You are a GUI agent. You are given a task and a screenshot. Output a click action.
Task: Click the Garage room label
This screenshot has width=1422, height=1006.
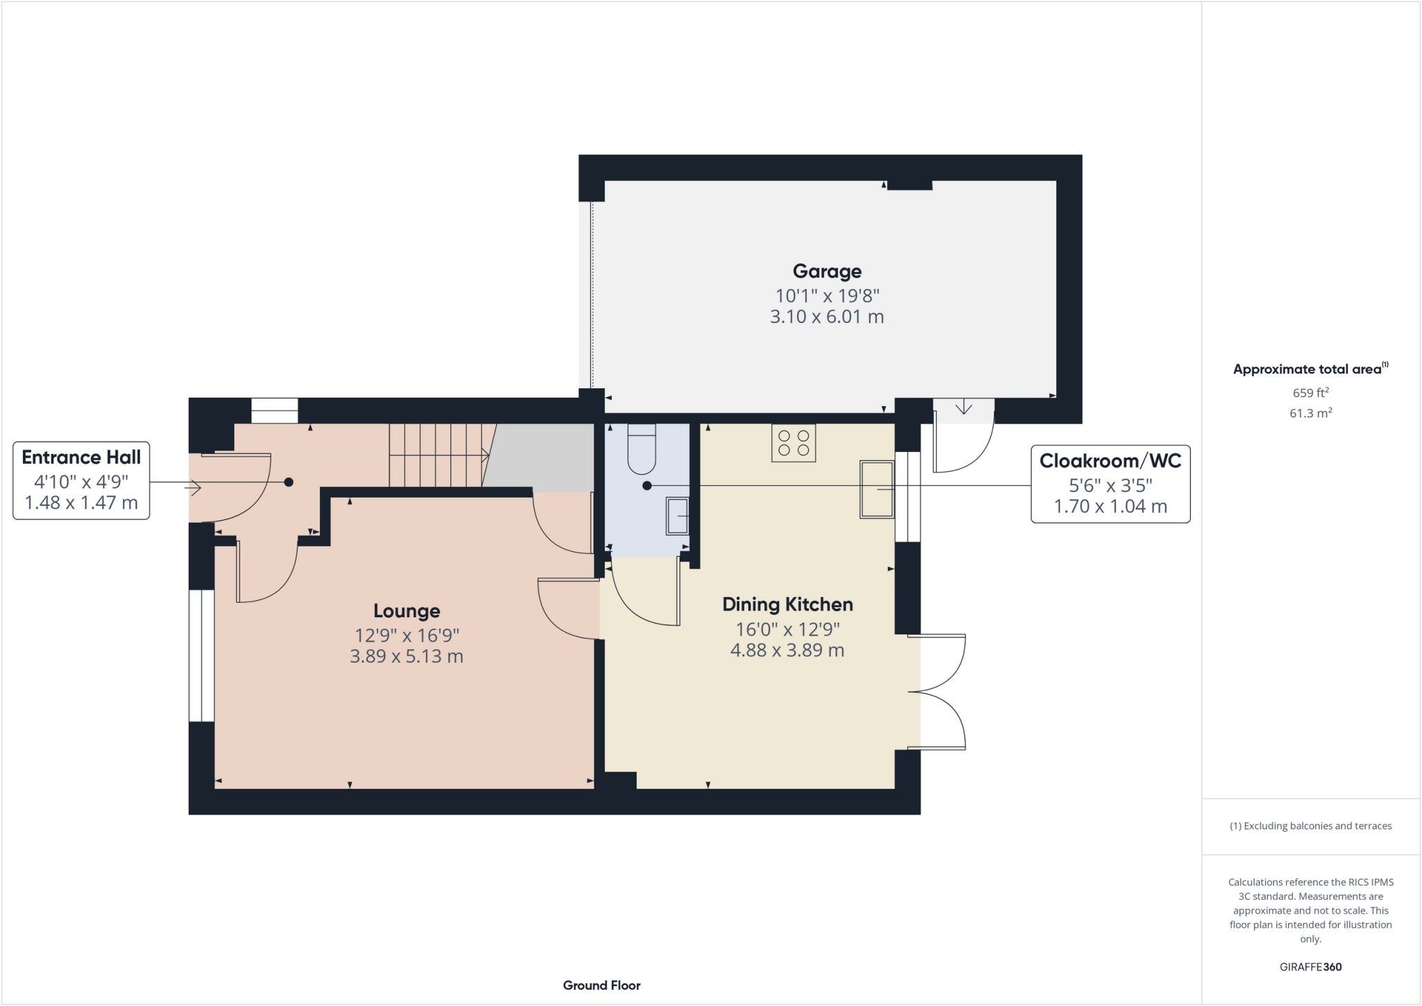[827, 271]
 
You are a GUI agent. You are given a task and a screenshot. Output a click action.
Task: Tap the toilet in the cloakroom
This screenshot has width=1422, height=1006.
[641, 450]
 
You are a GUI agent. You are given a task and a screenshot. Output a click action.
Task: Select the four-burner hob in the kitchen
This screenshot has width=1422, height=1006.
[794, 443]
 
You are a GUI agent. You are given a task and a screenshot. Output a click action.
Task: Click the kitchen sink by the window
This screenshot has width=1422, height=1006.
[877, 489]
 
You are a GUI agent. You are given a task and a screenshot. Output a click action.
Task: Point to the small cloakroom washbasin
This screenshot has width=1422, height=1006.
[677, 516]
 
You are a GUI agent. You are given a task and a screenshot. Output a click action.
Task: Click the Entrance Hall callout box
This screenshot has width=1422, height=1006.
[81, 480]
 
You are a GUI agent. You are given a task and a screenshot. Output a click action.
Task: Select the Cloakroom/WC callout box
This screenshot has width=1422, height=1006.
[1110, 484]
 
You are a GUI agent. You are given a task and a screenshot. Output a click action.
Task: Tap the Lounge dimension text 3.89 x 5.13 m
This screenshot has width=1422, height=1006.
[406, 656]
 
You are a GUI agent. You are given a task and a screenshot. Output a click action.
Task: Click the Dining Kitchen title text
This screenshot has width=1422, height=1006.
[787, 605]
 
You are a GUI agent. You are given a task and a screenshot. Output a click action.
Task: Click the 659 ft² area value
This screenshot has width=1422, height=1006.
[1310, 392]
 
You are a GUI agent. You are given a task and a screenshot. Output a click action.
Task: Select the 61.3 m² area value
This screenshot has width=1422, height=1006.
[1310, 413]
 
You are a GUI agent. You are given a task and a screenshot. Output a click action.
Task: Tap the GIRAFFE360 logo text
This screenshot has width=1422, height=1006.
[1310, 966]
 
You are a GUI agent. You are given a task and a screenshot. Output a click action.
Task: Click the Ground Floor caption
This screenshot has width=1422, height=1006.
[601, 985]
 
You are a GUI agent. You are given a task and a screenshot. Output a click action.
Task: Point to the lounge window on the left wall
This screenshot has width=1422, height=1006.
[201, 656]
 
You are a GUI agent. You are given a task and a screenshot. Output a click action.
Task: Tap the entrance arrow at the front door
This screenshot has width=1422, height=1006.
[193, 489]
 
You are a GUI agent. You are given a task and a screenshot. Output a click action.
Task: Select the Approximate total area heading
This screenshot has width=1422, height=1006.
[1310, 369]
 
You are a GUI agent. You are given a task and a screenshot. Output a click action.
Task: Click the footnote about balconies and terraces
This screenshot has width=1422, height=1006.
[1310, 826]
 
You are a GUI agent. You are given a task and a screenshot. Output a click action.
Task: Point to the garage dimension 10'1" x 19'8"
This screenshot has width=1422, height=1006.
[827, 296]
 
